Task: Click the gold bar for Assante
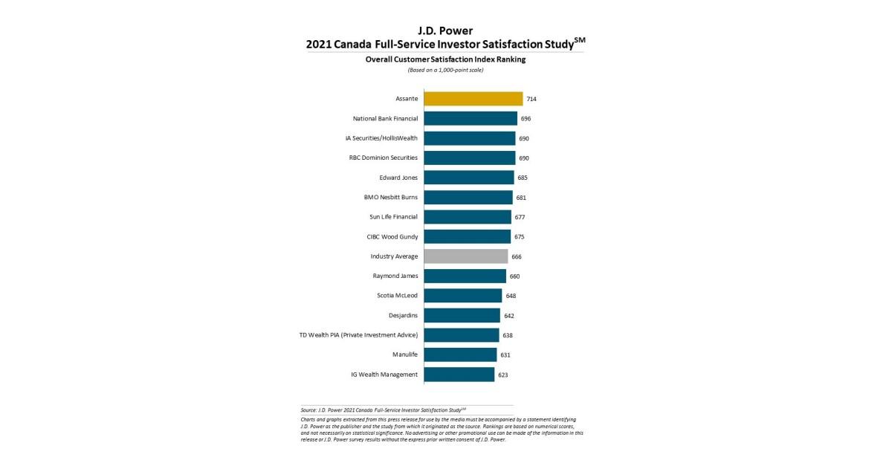(x=474, y=99)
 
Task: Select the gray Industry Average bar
(x=466, y=256)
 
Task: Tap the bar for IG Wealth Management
(x=459, y=375)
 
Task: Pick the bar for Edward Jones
(x=469, y=178)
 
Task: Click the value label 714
(x=531, y=99)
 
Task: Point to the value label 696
(x=526, y=119)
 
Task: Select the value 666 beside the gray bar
(x=517, y=256)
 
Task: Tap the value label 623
(x=503, y=375)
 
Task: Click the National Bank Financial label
(x=385, y=119)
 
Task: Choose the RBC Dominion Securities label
(x=384, y=158)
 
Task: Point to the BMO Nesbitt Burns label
(x=391, y=197)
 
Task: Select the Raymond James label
(x=395, y=276)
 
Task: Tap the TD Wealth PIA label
(x=358, y=335)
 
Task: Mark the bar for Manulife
(x=460, y=355)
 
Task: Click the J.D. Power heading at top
(x=445, y=30)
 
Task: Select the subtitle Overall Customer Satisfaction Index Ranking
(x=445, y=59)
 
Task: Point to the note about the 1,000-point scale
(x=445, y=70)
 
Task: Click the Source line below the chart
(x=384, y=410)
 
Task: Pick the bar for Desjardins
(x=462, y=315)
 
